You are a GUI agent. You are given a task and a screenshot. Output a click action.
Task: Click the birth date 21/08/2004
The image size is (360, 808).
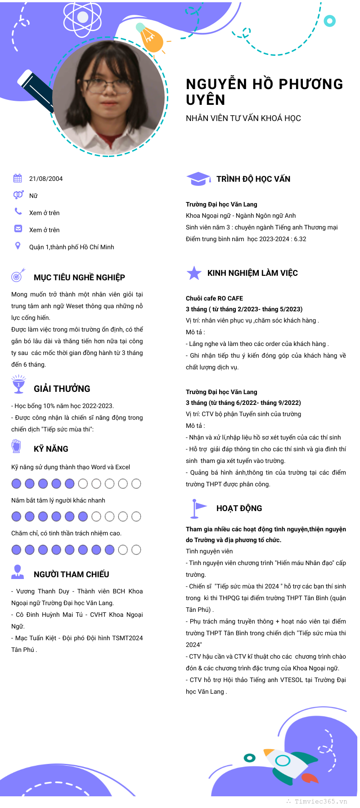pos(46,179)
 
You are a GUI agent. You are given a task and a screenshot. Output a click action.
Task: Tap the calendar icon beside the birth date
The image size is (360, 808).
pos(18,178)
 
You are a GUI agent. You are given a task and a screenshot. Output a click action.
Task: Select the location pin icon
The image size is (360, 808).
pos(18,246)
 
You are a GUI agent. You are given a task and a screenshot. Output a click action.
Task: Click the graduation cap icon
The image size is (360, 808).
pos(198,179)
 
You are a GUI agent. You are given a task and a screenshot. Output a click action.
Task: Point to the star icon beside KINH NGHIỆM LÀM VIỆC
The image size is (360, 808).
pos(194,273)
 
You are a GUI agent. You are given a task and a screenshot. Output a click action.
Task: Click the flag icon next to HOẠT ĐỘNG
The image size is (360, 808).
pos(198,508)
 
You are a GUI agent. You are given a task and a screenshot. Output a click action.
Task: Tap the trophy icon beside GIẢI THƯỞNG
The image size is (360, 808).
pos(18,384)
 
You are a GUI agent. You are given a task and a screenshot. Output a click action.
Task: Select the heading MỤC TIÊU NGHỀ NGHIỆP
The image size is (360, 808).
pos(79,278)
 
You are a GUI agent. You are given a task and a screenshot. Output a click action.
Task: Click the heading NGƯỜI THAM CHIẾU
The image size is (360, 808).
pos(71,575)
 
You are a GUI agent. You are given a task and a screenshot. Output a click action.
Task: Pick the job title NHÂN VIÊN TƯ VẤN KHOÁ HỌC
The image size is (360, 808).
pos(243,118)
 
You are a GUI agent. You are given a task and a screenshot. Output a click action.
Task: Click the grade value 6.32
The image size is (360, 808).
pos(300,239)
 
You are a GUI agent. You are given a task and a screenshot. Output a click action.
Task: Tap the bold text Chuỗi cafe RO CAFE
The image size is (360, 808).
pos(214,298)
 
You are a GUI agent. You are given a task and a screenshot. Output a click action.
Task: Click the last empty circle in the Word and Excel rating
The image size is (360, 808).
pos(136,484)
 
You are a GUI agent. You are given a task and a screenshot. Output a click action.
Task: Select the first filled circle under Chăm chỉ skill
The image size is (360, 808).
pos(16,549)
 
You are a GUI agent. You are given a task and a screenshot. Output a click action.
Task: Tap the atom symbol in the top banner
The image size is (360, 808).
pos(82,18)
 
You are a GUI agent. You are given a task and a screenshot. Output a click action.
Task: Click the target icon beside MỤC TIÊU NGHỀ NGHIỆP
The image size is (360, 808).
pos(18,275)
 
